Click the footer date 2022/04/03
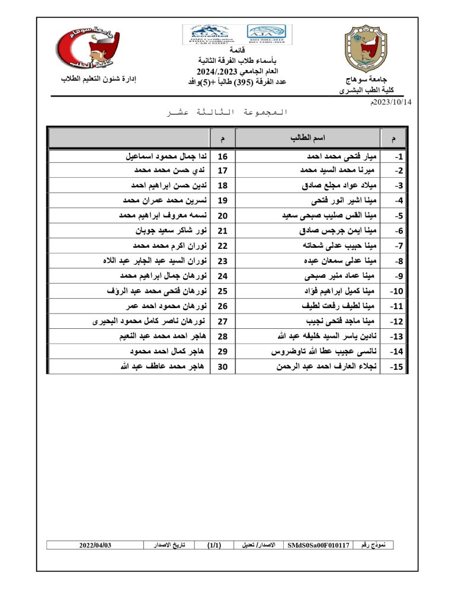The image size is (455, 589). tap(95, 544)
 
